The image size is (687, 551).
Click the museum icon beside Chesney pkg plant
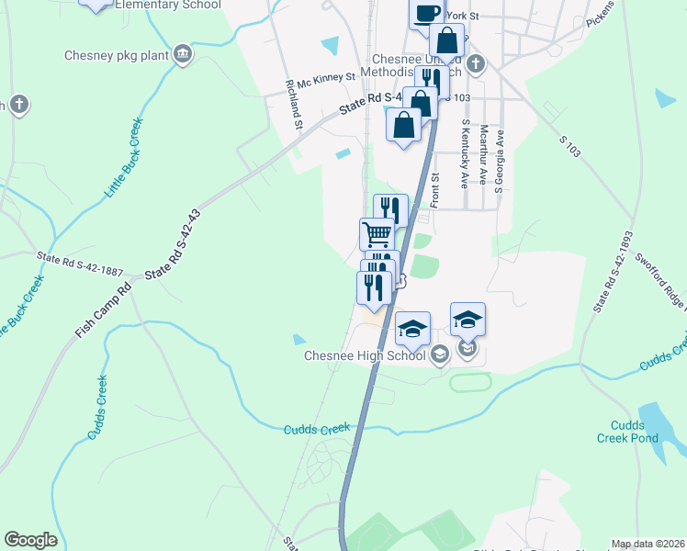pyautogui.click(x=184, y=55)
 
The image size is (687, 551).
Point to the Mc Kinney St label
pyautogui.click(x=320, y=79)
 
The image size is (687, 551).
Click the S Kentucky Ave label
pyautogui.click(x=466, y=154)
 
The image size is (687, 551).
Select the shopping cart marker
pyautogui.click(x=376, y=234)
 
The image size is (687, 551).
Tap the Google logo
pyautogui.click(x=30, y=541)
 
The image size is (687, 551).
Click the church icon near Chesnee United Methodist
pyautogui.click(x=475, y=63)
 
